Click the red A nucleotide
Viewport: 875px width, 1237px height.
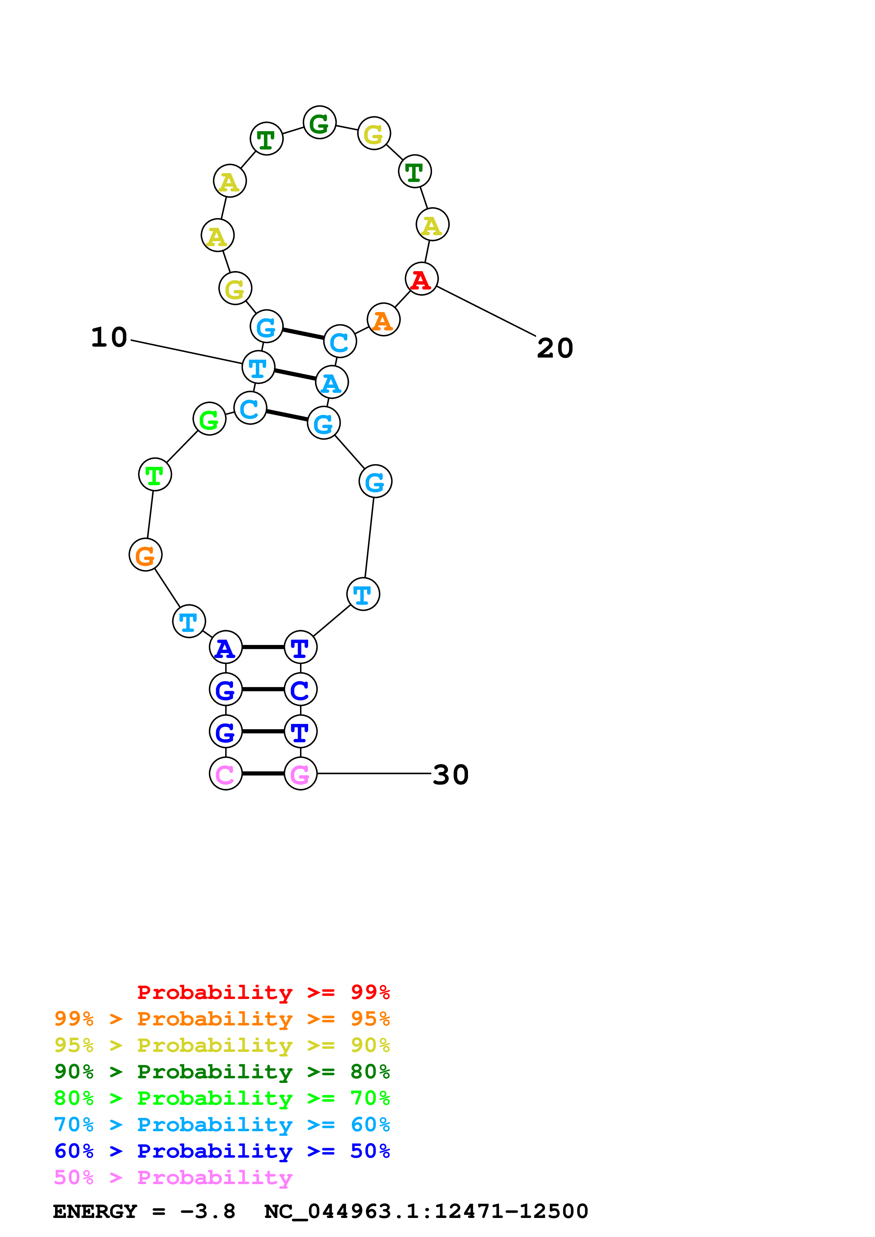tap(421, 279)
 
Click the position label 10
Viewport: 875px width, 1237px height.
tap(109, 338)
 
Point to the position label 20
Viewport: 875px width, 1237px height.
tap(555, 348)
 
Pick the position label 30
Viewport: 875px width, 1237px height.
tap(451, 775)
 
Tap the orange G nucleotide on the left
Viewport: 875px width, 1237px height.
tap(145, 555)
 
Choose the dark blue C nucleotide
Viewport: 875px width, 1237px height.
tap(300, 690)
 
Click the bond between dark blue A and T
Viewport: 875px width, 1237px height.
tap(263, 647)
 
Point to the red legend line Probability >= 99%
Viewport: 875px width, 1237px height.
tap(263, 992)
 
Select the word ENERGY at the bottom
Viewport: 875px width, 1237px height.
tap(95, 1212)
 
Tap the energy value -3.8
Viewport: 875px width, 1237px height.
tap(208, 1212)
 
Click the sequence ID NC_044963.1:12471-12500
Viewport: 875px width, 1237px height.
tap(426, 1212)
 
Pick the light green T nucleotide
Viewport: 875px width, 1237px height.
tap(155, 475)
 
